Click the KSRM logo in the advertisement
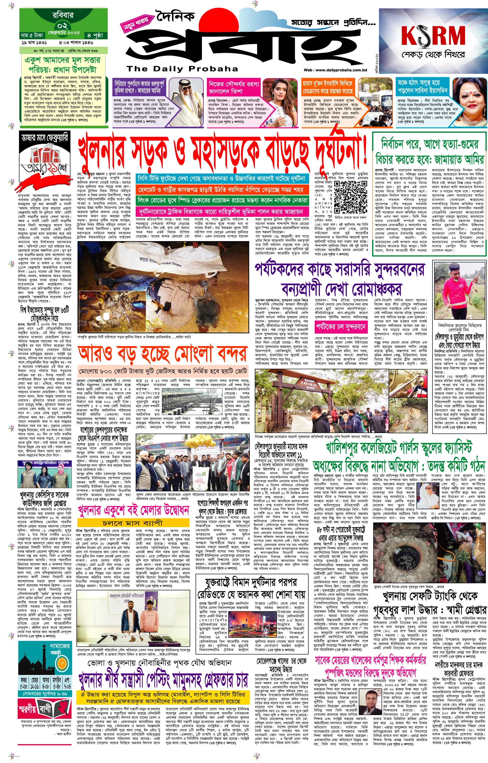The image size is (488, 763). point(433,35)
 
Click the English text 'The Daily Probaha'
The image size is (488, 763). point(182,69)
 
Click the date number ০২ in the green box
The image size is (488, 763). point(63,25)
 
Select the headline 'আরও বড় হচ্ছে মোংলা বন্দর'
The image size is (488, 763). point(163,354)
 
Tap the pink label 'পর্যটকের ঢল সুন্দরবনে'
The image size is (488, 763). point(341,327)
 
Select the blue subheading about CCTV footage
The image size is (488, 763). point(222,179)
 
